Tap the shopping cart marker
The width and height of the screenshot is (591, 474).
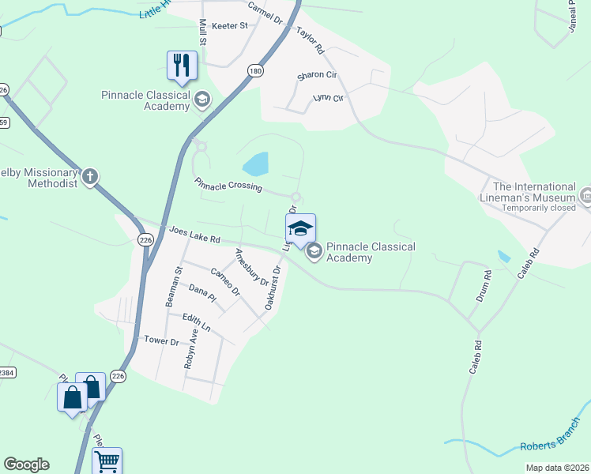pos(107,460)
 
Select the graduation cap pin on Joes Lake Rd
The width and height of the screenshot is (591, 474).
pos(300,228)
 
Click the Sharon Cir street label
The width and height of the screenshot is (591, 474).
pos(316,77)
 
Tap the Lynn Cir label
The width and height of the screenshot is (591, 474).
pos(329,98)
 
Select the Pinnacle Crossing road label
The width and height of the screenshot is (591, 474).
pos(228,186)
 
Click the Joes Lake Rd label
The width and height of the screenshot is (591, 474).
pos(194,235)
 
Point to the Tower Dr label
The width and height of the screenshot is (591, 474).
pos(161,340)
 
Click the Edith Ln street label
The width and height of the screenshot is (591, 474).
pos(197,323)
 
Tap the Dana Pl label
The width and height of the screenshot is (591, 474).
pos(202,294)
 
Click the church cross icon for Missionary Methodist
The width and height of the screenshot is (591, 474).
pos(90,176)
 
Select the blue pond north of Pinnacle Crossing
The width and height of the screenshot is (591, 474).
pos(256,164)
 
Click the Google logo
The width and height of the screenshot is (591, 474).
pos(27,465)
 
